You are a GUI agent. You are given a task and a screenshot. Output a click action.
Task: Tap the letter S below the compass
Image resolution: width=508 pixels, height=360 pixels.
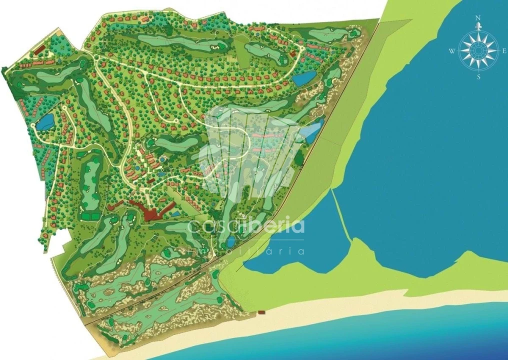pos(478,77)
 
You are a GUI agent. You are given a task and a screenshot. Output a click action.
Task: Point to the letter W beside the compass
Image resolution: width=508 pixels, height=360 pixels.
pos(451,50)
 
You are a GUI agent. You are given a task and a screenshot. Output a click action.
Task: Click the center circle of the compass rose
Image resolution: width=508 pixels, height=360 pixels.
pos(478,49)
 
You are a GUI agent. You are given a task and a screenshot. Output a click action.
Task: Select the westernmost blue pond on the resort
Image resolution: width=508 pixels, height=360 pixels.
pos(45,121)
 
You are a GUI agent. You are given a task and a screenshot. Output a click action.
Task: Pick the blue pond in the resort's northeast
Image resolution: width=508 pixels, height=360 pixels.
pos(304,78)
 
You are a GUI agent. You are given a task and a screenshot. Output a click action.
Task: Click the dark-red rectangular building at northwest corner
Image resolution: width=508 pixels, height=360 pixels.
pos(40,50)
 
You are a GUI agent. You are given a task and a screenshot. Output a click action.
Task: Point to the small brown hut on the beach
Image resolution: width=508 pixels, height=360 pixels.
pos(261,312)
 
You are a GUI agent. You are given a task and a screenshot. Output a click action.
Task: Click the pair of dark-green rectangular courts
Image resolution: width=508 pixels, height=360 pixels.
pos(90,216)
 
